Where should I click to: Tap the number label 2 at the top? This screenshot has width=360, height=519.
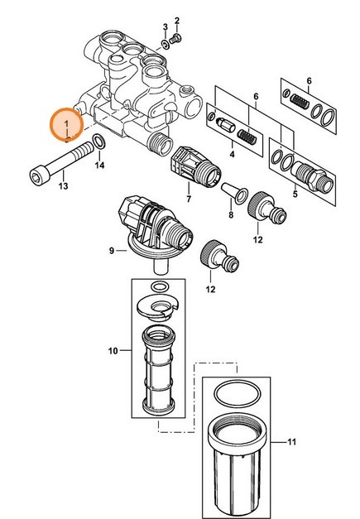click(x=177, y=19)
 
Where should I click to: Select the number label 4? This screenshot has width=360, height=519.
click(x=232, y=154)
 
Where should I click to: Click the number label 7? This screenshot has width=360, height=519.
click(x=189, y=199)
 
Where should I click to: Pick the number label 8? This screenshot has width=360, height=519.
click(x=231, y=214)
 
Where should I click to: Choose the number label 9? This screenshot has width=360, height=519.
click(x=112, y=249)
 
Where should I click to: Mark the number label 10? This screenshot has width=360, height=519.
click(x=113, y=352)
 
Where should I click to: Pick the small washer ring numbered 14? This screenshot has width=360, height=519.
click(x=98, y=142)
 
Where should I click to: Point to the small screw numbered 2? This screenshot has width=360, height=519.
click(x=176, y=39)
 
